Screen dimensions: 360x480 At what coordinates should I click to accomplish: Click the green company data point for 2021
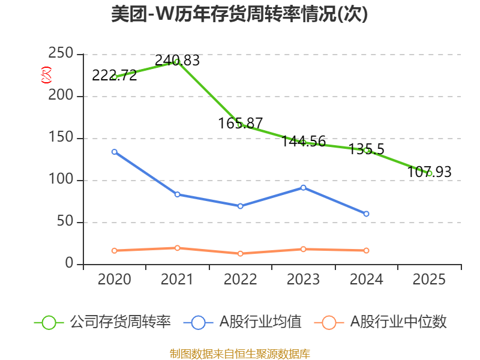pos(177,61)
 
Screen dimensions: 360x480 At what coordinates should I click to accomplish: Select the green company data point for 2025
pos(430,173)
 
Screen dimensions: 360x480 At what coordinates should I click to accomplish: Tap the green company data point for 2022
pos(240,124)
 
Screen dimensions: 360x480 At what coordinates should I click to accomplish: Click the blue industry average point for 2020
pos(114,152)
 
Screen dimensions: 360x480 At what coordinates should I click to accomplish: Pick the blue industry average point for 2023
pos(304,188)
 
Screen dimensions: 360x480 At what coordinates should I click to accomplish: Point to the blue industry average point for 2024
pos(367,214)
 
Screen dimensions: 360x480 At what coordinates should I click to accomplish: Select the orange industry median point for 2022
pos(240,253)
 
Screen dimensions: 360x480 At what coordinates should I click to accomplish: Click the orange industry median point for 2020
pos(114,250)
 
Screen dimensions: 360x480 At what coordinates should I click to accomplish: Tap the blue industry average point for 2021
pos(177,194)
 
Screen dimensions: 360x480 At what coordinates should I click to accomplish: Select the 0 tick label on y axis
pos(70,264)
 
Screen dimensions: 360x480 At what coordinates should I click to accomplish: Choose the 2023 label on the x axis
pos(304,280)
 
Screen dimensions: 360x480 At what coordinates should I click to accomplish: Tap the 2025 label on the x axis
pos(430,280)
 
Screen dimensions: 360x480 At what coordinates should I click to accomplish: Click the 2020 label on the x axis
pos(114,280)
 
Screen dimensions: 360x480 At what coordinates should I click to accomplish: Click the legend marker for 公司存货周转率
pos(49,322)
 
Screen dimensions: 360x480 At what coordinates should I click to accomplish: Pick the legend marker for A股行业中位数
pos(329,322)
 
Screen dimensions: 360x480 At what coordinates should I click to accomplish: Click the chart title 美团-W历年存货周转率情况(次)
pos(240,14)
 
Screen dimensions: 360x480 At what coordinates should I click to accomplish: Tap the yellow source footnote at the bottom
pos(240,353)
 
